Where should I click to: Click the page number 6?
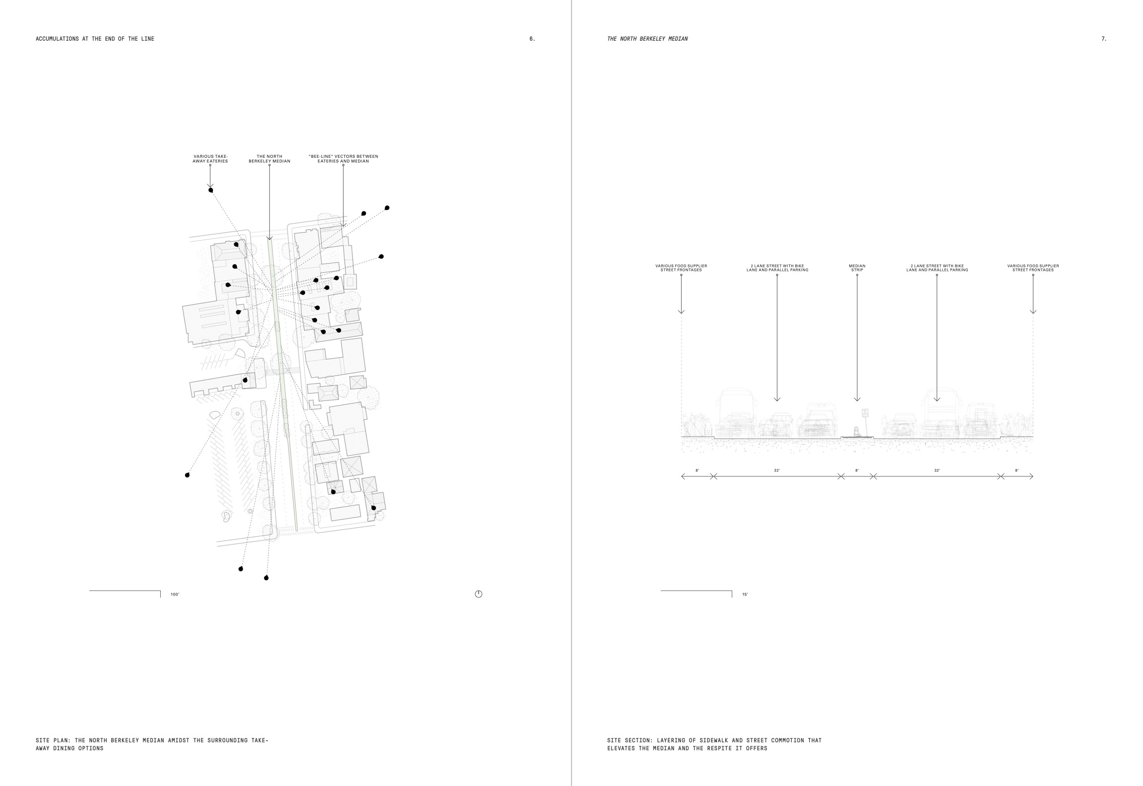532,39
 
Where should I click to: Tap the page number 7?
1103,39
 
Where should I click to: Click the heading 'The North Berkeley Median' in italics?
647,39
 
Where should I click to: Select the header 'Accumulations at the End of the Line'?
95,39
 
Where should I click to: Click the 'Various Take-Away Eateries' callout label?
210,159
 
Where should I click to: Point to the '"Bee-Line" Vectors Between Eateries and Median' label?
343,159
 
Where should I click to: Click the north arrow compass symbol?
478,594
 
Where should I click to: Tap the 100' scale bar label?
175,594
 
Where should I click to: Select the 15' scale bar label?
745,594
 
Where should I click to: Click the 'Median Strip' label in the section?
857,268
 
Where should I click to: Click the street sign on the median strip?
865,413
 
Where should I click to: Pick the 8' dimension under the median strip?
857,470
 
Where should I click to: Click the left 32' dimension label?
777,470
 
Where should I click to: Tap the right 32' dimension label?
937,470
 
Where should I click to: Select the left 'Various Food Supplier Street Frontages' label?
681,268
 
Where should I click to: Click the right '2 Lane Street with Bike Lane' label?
937,268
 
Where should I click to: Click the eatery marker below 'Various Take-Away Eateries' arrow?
211,190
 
